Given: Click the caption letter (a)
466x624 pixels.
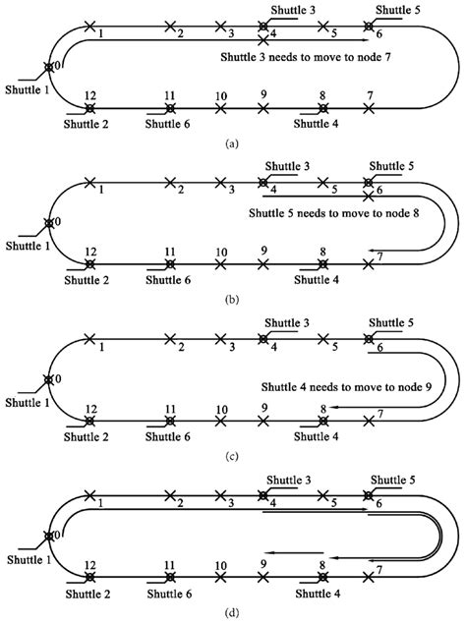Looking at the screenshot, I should pyautogui.click(x=232, y=143).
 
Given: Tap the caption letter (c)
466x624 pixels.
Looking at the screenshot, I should pyautogui.click(x=232, y=456).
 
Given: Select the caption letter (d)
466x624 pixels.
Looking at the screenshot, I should pyautogui.click(x=232, y=614).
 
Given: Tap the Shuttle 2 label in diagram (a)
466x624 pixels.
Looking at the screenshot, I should pyautogui.click(x=88, y=124).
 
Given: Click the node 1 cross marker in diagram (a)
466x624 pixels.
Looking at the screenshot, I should pyautogui.click(x=90, y=26).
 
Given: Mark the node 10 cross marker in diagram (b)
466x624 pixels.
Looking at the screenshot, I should pyautogui.click(x=220, y=263).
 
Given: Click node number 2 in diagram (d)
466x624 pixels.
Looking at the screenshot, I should pyautogui.click(x=180, y=503).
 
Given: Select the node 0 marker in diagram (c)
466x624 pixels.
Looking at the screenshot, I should pyautogui.click(x=47, y=378).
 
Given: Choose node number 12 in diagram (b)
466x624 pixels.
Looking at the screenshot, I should pyautogui.click(x=89, y=251).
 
